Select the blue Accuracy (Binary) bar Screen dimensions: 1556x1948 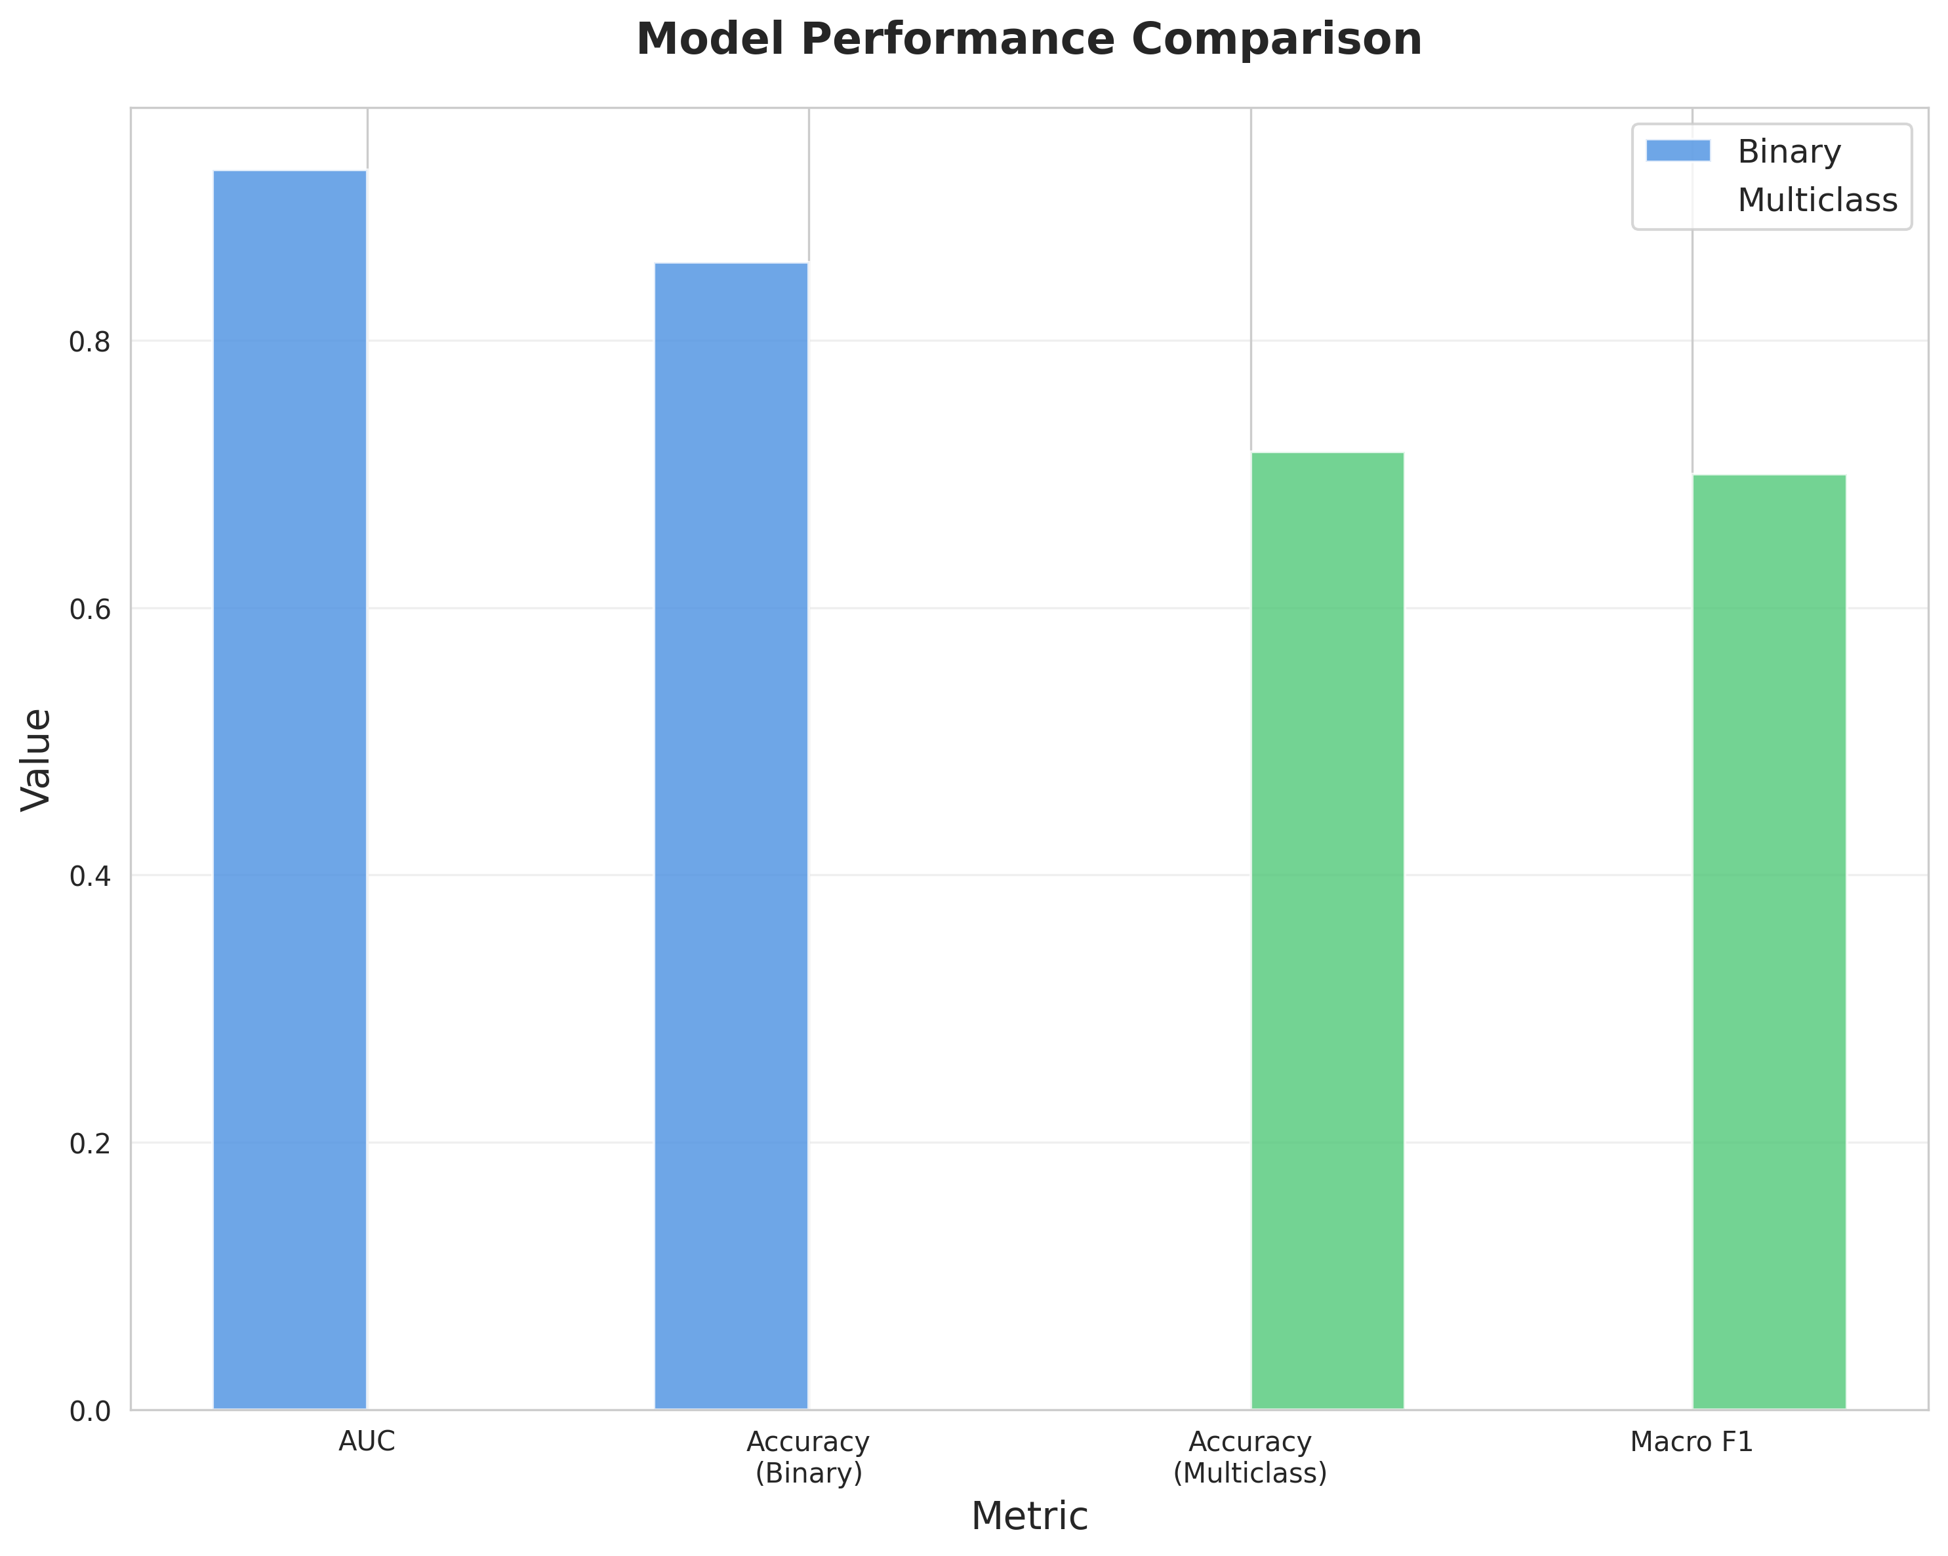(731, 835)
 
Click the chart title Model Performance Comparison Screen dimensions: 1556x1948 (1029, 41)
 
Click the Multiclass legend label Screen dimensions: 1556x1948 (1817, 201)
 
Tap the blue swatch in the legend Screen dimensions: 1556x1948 (1678, 151)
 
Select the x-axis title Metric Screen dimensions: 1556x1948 (1029, 1516)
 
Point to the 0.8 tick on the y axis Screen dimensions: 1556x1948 (89, 342)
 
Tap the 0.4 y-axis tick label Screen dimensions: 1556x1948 (89, 876)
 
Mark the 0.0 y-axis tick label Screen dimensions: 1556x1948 (89, 1410)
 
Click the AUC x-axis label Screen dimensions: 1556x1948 (367, 1442)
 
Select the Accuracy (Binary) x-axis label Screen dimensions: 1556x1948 (809, 1458)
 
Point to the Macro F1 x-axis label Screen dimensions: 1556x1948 (1692, 1442)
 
